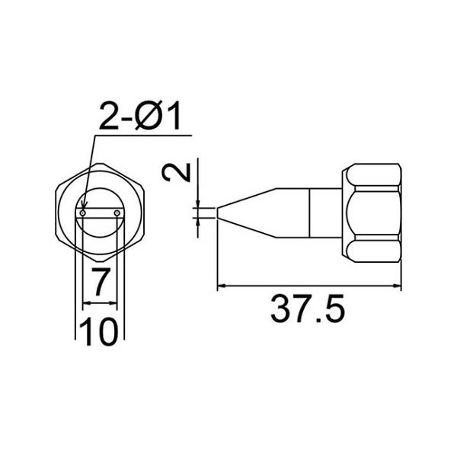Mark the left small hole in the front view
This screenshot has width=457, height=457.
[x=83, y=213]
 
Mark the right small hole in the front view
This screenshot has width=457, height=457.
[x=117, y=213]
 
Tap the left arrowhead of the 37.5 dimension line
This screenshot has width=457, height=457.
[x=222, y=288]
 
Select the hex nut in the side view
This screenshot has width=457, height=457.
[x=372, y=213]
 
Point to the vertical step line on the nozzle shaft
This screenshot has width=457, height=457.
[x=311, y=213]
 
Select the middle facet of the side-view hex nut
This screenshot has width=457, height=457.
[x=372, y=213]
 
